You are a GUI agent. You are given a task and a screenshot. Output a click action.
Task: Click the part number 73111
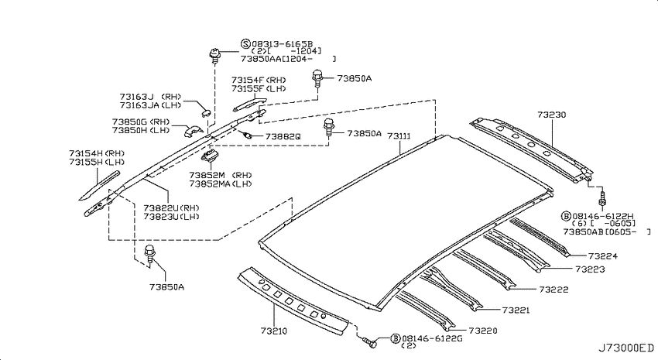[399, 136]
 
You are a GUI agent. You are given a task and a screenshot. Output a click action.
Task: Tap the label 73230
[551, 115]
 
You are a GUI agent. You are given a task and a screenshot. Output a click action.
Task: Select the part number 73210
[273, 331]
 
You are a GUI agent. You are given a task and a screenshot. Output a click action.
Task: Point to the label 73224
[602, 256]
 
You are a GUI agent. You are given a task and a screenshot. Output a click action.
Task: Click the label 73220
[482, 331]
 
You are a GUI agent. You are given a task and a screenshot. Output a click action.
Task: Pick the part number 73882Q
[283, 137]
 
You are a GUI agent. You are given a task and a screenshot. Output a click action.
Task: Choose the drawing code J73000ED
[625, 348]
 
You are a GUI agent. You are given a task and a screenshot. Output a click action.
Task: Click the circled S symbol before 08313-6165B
[245, 43]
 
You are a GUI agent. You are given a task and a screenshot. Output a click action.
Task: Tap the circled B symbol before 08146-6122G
[396, 338]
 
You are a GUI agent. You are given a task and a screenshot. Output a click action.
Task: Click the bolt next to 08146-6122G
[370, 342]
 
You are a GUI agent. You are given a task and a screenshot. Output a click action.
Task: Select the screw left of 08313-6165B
[215, 56]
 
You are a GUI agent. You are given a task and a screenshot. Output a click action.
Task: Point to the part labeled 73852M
[210, 156]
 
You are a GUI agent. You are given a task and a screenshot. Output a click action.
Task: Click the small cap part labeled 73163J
[205, 111]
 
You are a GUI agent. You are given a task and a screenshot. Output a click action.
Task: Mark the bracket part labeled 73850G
[193, 131]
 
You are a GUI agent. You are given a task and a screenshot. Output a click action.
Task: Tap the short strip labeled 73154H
[99, 185]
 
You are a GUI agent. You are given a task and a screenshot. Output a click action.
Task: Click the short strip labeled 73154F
[249, 103]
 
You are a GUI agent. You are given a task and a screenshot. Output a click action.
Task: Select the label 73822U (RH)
[171, 207]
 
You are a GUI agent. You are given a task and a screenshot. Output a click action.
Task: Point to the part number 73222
[553, 289]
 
